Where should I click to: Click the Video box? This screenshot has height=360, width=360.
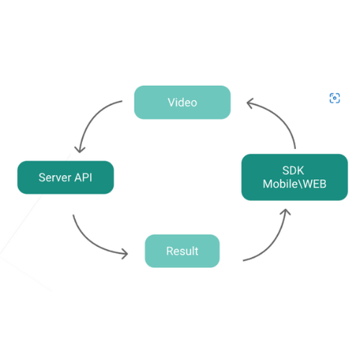pos(182,102)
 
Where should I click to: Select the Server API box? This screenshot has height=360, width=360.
pos(66,177)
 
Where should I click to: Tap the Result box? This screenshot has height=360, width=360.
pos(182,251)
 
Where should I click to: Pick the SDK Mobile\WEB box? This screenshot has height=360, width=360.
pos(294,177)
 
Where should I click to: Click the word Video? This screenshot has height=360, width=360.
pos(182,102)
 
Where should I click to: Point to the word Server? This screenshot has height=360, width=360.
pos(55,178)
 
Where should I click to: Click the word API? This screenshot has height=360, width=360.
pos(84,178)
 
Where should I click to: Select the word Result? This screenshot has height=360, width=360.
pos(182,251)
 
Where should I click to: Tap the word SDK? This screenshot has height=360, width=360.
pos(293,171)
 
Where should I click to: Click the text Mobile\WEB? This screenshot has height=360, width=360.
pos(294,184)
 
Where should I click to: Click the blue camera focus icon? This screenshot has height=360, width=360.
pos(335,98)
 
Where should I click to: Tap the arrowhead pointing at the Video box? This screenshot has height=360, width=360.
pos(250,103)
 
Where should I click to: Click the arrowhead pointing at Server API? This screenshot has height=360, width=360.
pos(80,149)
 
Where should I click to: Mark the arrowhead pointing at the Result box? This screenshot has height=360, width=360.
pos(125,253)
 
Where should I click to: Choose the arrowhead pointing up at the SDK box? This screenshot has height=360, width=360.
pos(285,212)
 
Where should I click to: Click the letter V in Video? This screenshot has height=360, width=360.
pos(171,102)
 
